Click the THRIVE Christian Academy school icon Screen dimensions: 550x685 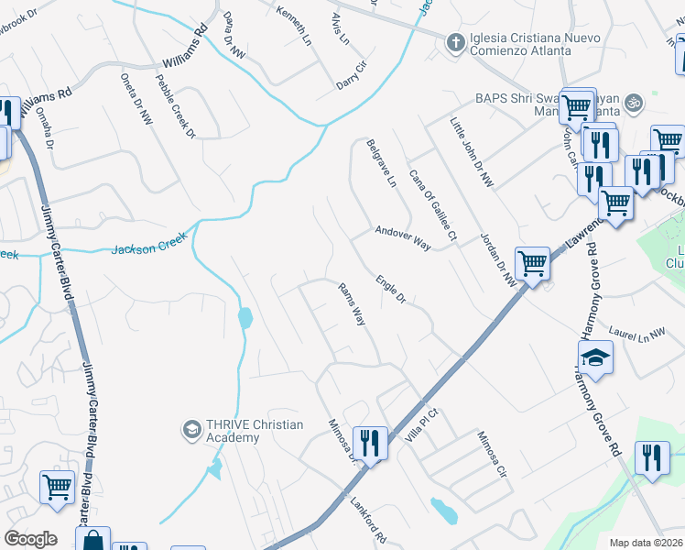[191, 429]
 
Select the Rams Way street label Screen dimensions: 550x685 [353, 304]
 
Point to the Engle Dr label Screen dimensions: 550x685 [389, 288]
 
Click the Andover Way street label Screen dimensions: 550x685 [402, 238]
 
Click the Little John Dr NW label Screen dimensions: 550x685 [472, 152]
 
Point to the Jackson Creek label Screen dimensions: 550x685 [149, 244]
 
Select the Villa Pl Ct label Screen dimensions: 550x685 [423, 426]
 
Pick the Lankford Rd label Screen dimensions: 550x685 [367, 518]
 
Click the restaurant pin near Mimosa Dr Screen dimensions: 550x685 [370, 444]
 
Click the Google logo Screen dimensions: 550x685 [31, 539]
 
